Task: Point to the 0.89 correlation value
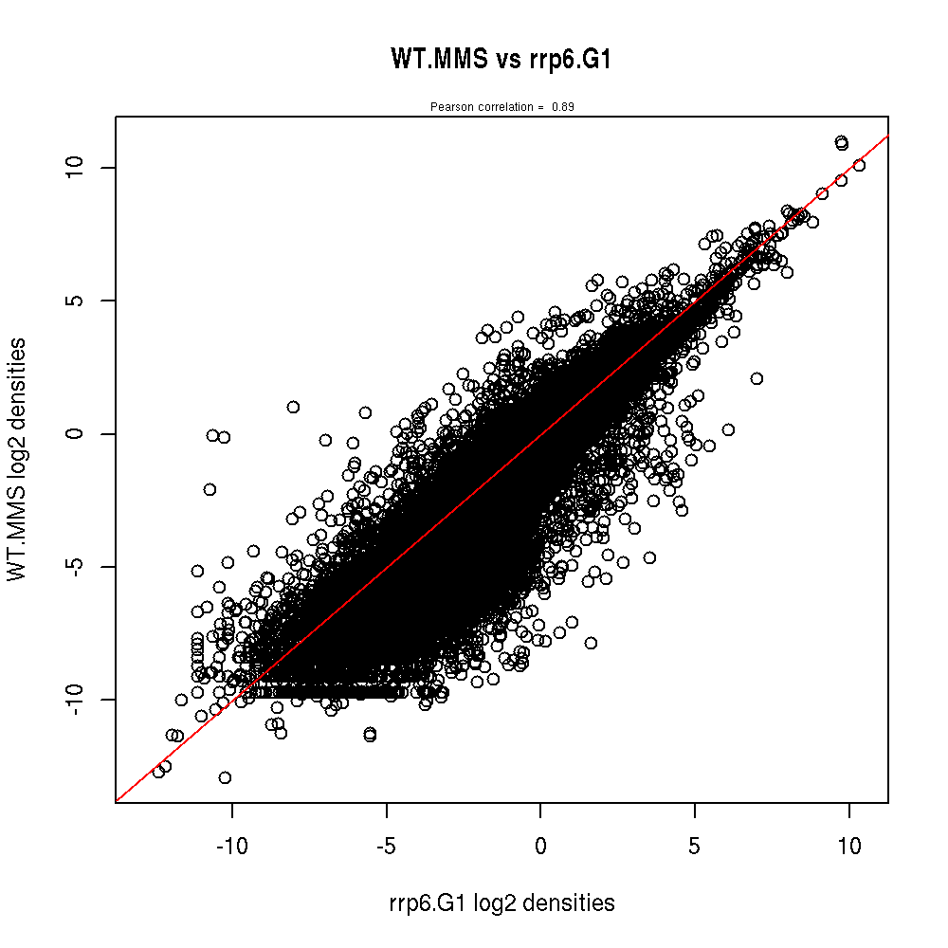point(563,107)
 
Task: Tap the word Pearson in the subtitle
point(447,107)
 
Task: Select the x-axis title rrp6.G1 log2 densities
point(501,903)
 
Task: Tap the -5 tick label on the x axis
point(386,847)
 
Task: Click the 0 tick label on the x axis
point(540,847)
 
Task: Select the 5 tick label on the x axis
point(695,847)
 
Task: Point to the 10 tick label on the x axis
point(849,847)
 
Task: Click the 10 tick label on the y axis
point(79,167)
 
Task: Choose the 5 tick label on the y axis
point(79,301)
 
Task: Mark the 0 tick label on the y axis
point(79,433)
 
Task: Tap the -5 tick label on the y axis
point(79,566)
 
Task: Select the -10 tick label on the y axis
point(79,700)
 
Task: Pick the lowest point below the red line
point(225,777)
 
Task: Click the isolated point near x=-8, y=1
point(293,407)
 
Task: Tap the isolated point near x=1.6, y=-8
point(591,643)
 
